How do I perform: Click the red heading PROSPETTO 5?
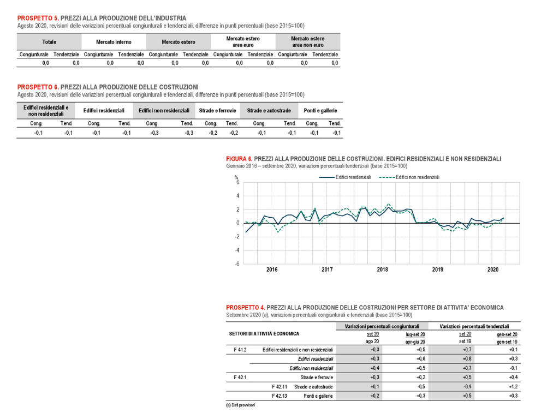(38, 18)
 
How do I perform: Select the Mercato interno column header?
(114, 42)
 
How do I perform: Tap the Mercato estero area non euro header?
(308, 41)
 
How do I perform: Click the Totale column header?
(49, 42)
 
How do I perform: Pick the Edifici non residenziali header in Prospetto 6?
(164, 111)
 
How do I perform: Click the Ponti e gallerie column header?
(320, 111)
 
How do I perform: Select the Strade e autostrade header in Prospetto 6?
(269, 111)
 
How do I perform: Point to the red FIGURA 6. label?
(239, 159)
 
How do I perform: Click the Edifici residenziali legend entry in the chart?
(345, 177)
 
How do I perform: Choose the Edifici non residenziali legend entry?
(409, 177)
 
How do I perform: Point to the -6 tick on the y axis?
(237, 264)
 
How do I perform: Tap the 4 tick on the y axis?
(238, 196)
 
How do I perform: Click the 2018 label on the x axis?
(382, 270)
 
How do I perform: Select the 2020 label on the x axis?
(493, 270)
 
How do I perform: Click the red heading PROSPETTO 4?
(246, 308)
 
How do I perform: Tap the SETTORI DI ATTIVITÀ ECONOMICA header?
(264, 334)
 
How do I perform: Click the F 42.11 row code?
(279, 387)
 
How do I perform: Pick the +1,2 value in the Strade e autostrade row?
(513, 387)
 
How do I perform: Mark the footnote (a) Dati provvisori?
(240, 405)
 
